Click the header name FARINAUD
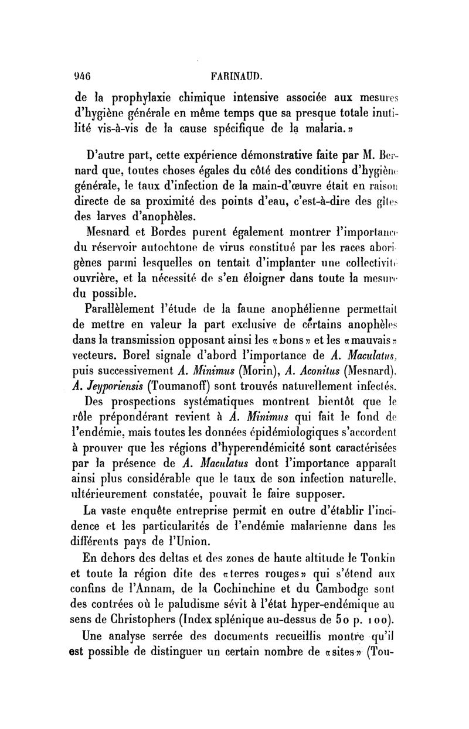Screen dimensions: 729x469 point(238,76)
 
